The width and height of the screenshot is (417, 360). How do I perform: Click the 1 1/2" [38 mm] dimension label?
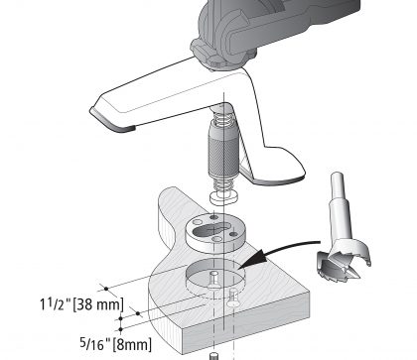pyautogui.click(x=81, y=304)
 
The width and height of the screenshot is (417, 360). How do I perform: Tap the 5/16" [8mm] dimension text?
pyautogui.click(x=116, y=344)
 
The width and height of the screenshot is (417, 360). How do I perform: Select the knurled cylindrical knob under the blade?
pyautogui.click(x=223, y=150)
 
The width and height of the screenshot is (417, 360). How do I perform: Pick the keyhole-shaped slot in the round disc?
pyautogui.click(x=210, y=230)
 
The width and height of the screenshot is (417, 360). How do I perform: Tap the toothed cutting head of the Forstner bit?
pyautogui.click(x=344, y=260)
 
